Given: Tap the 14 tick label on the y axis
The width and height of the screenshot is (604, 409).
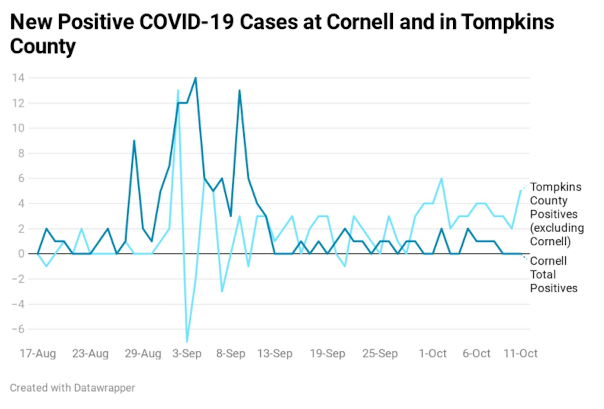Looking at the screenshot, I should point(18,78).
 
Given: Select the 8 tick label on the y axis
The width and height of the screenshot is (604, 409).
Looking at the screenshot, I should point(21,153).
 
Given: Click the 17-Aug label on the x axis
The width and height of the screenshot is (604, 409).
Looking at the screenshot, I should point(38,353).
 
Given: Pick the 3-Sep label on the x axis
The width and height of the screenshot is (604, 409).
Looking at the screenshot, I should point(187,353).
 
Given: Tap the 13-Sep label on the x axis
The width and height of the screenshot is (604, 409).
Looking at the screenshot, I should point(275,353).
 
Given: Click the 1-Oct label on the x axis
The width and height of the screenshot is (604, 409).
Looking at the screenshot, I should point(432,353).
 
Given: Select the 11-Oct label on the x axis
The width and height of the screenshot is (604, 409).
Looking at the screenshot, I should point(520,353).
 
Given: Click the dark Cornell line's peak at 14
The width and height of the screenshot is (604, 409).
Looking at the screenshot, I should point(196,78).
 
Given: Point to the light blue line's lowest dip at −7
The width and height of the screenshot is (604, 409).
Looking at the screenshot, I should point(187,341).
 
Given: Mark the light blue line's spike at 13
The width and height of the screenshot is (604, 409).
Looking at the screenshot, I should point(178,91).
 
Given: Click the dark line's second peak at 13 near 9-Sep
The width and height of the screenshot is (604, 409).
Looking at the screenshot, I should point(239,91).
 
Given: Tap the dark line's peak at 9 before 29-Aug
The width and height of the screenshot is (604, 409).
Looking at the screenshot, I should point(134,141).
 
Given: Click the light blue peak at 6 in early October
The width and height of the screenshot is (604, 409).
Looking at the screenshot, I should point(442,179).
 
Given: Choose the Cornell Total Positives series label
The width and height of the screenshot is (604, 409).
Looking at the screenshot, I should point(553,274).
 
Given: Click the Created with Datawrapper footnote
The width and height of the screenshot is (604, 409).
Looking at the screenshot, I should point(72,388).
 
